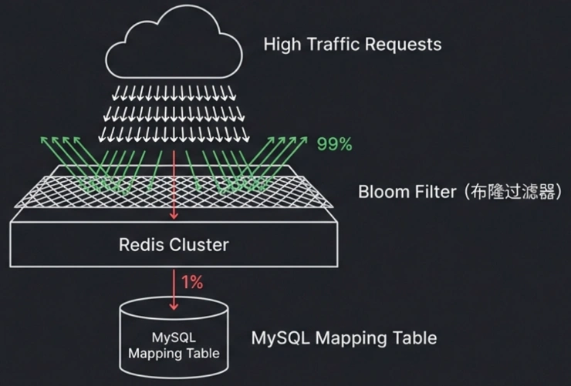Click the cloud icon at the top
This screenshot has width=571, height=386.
tap(174, 47)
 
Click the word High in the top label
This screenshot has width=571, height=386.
tap(282, 43)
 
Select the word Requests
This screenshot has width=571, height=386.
tap(406, 44)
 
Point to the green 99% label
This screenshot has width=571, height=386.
tap(334, 143)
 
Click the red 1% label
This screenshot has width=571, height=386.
tap(191, 283)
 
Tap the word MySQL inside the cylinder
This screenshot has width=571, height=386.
tap(174, 338)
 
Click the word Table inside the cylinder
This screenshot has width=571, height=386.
tap(204, 354)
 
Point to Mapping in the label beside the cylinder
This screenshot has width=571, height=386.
tap(346, 338)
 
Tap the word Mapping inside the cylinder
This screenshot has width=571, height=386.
tap(155, 354)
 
